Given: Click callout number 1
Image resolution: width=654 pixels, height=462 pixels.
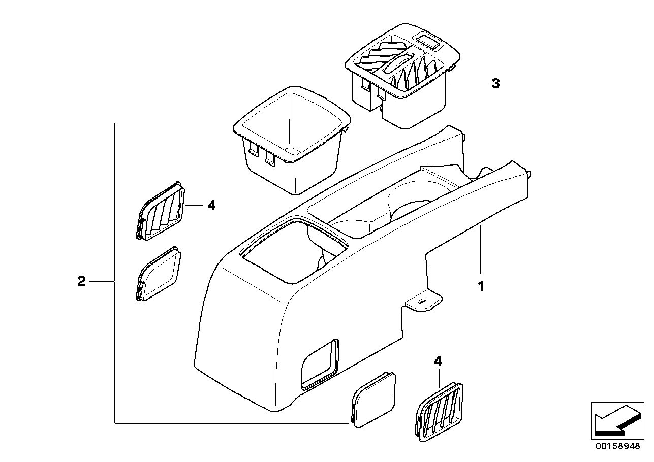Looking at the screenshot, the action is click(480, 287).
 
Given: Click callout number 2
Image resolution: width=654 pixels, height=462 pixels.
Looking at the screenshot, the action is click(81, 281).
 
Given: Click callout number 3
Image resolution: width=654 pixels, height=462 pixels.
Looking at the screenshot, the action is click(495, 84).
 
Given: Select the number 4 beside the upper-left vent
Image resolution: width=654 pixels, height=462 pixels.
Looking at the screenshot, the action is click(211, 206).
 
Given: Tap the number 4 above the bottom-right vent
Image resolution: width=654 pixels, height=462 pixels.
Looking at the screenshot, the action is click(438, 361).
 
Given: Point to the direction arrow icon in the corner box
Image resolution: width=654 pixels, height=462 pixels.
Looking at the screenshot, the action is click(615, 420).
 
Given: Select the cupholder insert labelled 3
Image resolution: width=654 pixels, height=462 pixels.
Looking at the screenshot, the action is click(401, 76).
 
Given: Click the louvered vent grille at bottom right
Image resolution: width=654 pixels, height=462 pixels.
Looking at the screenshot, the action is click(440, 410).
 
